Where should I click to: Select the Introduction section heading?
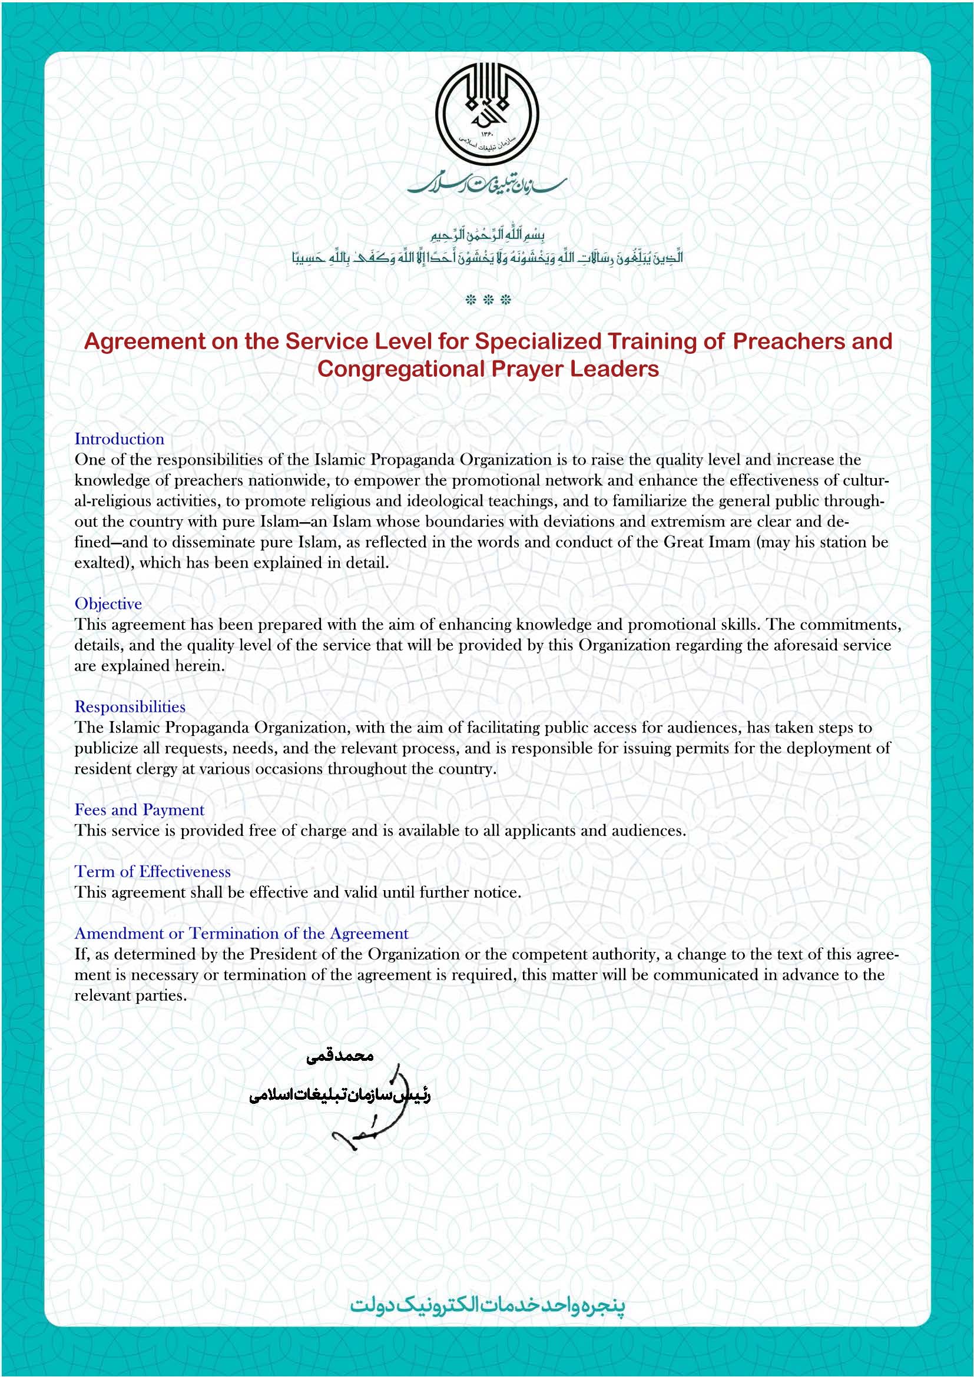(x=119, y=439)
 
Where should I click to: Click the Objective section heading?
(x=108, y=603)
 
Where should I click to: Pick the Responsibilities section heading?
(x=130, y=706)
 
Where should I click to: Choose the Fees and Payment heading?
(x=139, y=809)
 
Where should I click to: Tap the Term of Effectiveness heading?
(x=153, y=871)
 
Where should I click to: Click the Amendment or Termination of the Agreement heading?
(x=241, y=933)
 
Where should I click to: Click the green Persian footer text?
(x=487, y=1305)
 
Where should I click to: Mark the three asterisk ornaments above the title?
(x=488, y=300)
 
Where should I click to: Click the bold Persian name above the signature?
(x=339, y=1056)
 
